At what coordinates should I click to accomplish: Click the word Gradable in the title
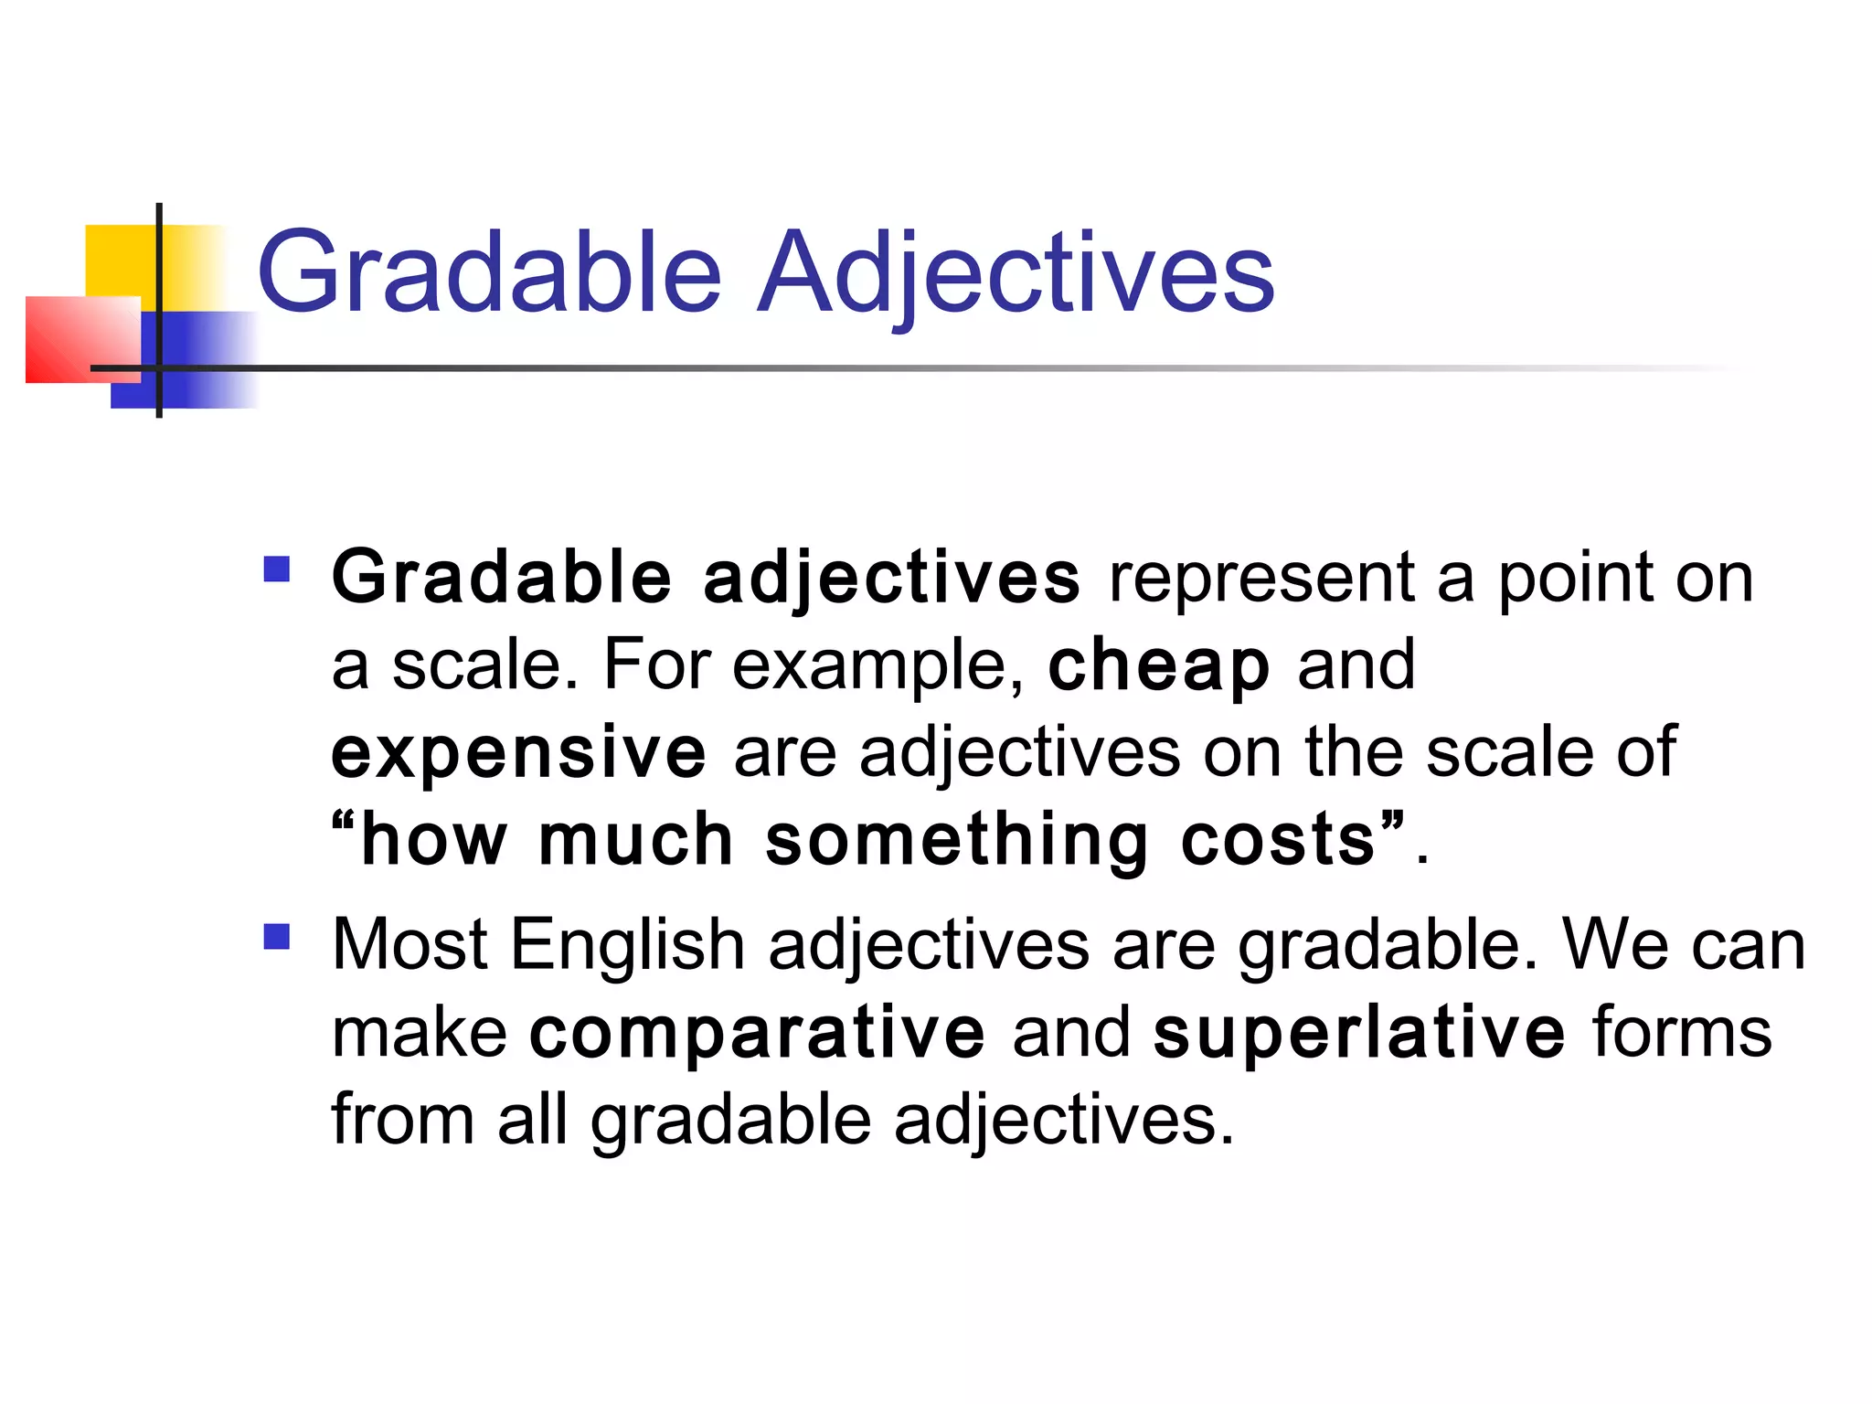(x=490, y=272)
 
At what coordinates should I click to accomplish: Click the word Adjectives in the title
(x=1016, y=272)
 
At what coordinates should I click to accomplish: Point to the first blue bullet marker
(x=276, y=569)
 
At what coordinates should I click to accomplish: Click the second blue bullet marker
(x=276, y=937)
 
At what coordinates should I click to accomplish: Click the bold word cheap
(x=1159, y=665)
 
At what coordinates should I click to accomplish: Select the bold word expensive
(x=518, y=752)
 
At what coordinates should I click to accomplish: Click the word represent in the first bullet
(x=1261, y=579)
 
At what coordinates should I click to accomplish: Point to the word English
(x=627, y=944)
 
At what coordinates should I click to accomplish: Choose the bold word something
(x=956, y=841)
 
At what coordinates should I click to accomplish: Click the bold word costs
(x=1279, y=841)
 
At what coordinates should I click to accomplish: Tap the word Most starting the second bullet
(x=409, y=944)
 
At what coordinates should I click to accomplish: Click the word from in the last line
(x=402, y=1120)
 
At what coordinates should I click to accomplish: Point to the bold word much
(x=636, y=841)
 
